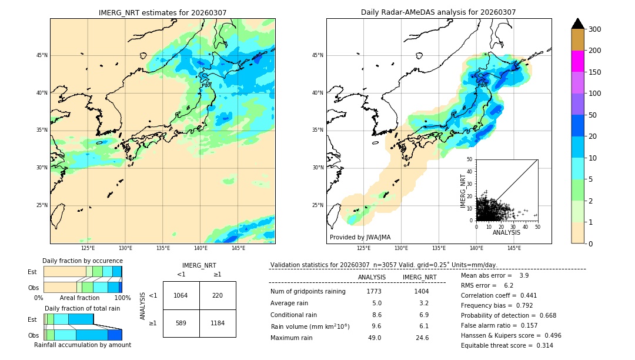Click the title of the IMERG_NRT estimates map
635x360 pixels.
pyautogui.click(x=162, y=12)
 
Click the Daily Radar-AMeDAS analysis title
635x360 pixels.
pyautogui.click(x=439, y=12)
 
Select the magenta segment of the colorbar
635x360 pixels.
pyautogui.click(x=578, y=61)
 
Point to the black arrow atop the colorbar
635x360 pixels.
pyautogui.click(x=578, y=24)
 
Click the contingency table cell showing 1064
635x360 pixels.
pyautogui.click(x=181, y=295)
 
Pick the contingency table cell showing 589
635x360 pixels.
pyautogui.click(x=181, y=323)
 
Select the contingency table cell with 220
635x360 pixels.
pyautogui.click(x=218, y=295)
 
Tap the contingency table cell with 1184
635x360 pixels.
pyautogui.click(x=218, y=323)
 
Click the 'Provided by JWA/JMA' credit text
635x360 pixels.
pyautogui.click(x=360, y=237)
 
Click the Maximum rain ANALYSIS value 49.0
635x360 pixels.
pyautogui.click(x=375, y=338)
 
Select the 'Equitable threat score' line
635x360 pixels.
pyautogui.click(x=507, y=345)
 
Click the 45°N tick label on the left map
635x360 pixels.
pyautogui.click(x=41, y=55)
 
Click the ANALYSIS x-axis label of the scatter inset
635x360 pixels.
pyautogui.click(x=506, y=232)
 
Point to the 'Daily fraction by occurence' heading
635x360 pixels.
pyautogui.click(x=82, y=261)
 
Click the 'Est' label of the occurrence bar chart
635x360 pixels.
pyautogui.click(x=32, y=272)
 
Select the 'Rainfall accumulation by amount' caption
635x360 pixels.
pyautogui.click(x=82, y=345)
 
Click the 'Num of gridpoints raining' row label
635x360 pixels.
pyautogui.click(x=308, y=291)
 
